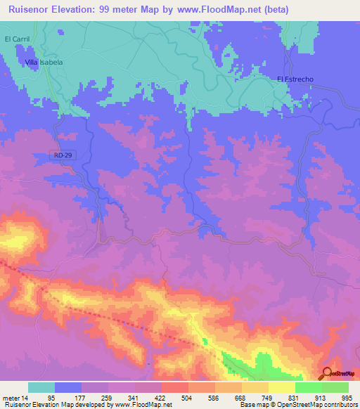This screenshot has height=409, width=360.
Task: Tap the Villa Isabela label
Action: pyautogui.click(x=44, y=62)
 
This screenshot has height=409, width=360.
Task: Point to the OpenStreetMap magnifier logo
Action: pyautogui.click(x=327, y=373)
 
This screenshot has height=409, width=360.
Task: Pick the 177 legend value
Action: pyautogui.click(x=82, y=397)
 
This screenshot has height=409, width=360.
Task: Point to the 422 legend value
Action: pyautogui.click(x=162, y=397)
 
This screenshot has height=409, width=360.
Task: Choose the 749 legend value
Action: pyautogui.click(x=268, y=397)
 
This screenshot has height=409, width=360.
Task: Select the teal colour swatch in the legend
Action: pyautogui.click(x=41, y=387)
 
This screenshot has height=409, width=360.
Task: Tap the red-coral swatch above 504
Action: pyautogui.click(x=175, y=387)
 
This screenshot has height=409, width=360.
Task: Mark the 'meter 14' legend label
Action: pyautogui.click(x=15, y=397)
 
